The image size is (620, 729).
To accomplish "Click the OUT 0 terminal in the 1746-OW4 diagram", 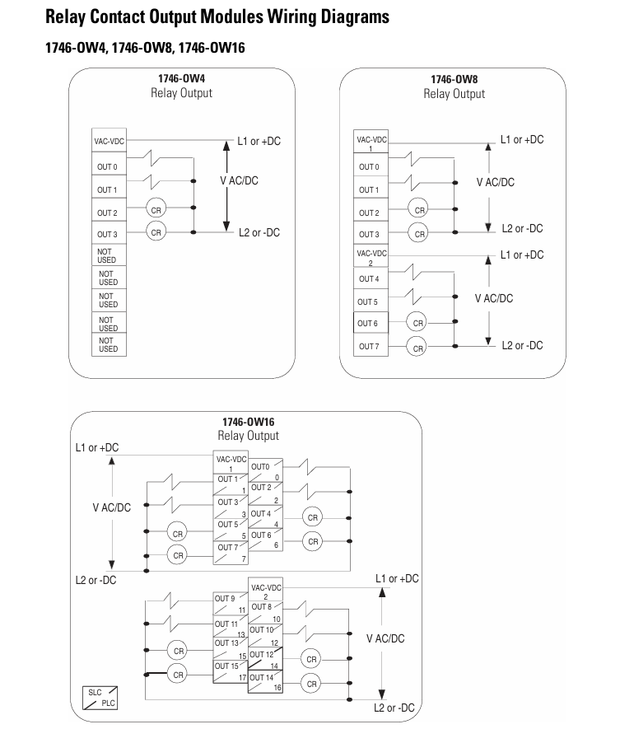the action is click(109, 164).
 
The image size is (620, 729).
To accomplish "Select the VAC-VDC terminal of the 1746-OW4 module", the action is click(109, 140).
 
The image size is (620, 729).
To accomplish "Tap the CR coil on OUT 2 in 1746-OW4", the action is click(156, 210).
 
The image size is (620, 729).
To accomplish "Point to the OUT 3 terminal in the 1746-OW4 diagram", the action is click(109, 233).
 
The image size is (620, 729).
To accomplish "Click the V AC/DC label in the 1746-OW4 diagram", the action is click(239, 180).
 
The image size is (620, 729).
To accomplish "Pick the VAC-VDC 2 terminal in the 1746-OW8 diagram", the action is click(371, 257).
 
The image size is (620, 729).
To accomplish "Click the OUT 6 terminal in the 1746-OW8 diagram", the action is click(371, 323).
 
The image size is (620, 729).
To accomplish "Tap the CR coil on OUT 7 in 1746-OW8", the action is click(417, 348).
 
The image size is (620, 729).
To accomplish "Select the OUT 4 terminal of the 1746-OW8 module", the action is click(371, 279).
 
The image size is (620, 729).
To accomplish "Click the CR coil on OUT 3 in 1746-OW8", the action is click(419, 233).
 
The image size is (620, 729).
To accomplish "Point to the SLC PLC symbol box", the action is click(100, 698).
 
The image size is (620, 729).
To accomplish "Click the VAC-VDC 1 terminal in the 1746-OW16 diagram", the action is click(231, 462).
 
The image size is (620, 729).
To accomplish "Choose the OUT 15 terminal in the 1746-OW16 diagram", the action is click(231, 671).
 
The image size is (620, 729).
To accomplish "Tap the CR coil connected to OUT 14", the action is click(311, 684).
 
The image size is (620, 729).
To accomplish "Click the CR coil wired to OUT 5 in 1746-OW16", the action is click(177, 533).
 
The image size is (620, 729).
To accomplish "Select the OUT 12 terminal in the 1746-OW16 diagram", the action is click(265, 659).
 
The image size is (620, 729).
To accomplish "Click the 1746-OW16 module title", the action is click(248, 422).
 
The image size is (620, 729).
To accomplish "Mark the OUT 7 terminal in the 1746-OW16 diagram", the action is click(231, 553).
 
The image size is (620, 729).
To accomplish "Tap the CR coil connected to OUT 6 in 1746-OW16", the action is click(313, 541).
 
